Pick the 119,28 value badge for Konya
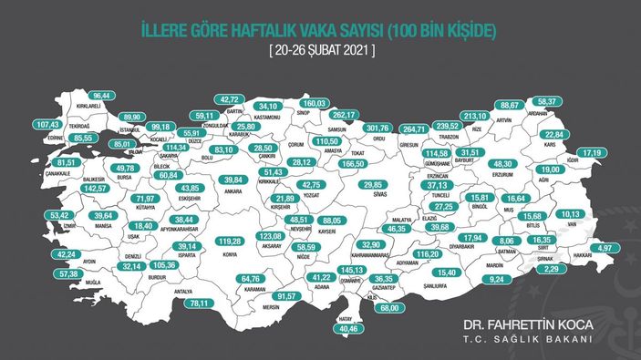click(234, 241)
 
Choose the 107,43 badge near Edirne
click(47, 124)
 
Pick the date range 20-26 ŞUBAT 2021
click(321, 50)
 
